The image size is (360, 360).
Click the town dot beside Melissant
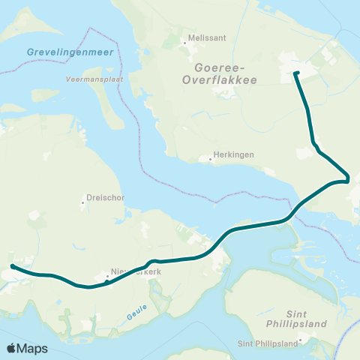click(184, 43)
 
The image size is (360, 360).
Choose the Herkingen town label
click(233, 154)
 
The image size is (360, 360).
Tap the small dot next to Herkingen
click(211, 158)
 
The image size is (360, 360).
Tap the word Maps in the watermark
click(33, 348)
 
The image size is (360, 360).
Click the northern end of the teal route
click(296, 73)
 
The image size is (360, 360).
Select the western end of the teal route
click(13, 266)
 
